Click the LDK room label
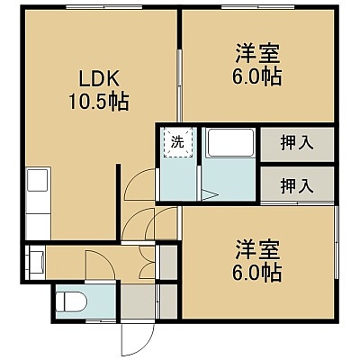pos(99,79)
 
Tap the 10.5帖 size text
pos(99,102)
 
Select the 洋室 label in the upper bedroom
pos(257,53)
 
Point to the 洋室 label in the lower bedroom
pos(257,249)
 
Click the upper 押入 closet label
pos(297,142)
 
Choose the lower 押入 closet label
pos(297,185)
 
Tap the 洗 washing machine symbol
pos(177,142)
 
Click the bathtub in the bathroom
pos(230,142)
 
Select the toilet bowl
pos(71,301)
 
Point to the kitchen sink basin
pos(38,180)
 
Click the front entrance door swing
pos(138,339)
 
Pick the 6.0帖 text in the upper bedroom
pos(257,76)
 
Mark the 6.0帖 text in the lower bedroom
pos(257,273)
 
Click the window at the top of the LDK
pos(103,7)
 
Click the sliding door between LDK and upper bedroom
pos(179,85)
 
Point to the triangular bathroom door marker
pos(210,194)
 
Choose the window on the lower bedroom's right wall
pos(336,243)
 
